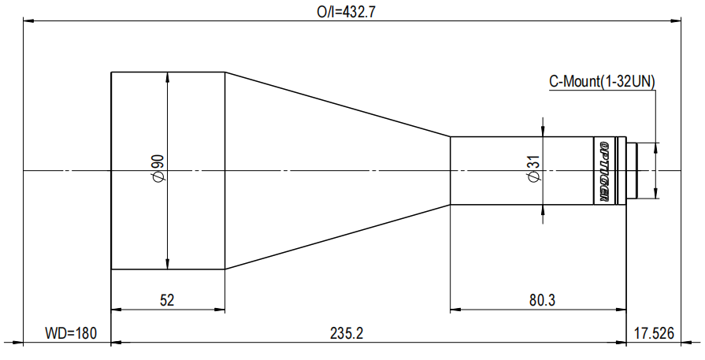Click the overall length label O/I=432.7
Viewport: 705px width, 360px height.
point(346,12)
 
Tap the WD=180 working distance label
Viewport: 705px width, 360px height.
point(71,333)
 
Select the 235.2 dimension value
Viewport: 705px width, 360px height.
point(347,333)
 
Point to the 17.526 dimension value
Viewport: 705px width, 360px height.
point(655,333)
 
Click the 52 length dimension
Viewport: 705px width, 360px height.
point(167,300)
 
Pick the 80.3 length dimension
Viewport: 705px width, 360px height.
point(542,300)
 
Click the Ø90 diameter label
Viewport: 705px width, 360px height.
point(158,169)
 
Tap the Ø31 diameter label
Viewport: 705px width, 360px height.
point(534,169)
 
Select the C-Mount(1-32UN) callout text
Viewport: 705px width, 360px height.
point(602,82)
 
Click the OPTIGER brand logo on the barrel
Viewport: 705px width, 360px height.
point(604,171)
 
